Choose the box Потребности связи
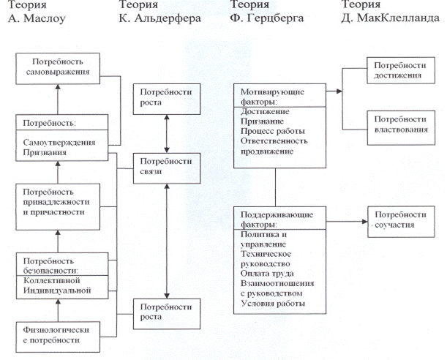point(162,166)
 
